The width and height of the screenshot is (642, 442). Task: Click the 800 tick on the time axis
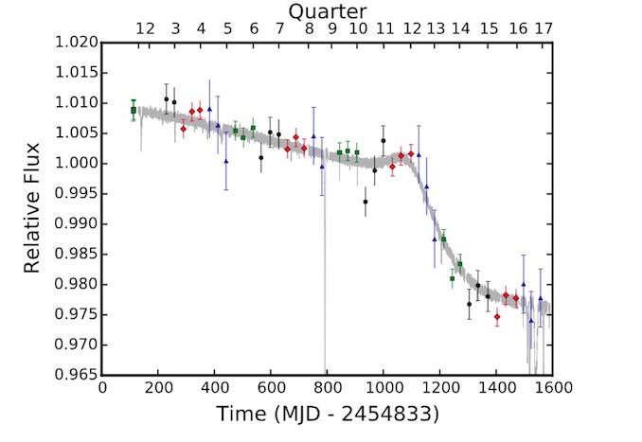click(328, 389)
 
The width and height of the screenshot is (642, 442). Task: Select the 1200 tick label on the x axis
click(440, 389)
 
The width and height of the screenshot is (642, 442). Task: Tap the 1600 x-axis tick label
click(552, 389)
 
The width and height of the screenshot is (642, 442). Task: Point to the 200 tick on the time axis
click(159, 389)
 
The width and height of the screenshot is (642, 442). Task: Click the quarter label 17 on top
click(544, 29)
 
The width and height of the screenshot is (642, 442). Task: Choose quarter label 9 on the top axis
click(332, 29)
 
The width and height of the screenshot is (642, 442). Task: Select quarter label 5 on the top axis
click(227, 29)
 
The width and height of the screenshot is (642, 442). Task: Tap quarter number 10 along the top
click(358, 29)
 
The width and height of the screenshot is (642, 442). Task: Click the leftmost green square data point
click(134, 110)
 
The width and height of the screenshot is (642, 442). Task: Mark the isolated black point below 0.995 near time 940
click(366, 202)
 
